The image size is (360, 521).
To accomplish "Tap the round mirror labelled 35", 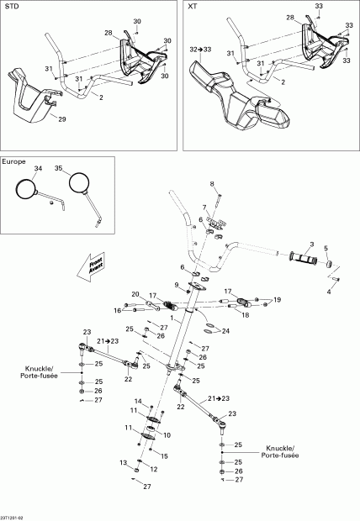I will click(x=80, y=182).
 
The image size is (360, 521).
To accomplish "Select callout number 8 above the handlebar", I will click(x=212, y=183).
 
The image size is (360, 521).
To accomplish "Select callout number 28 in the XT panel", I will click(x=289, y=17).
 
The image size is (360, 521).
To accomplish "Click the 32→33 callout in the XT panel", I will click(x=202, y=50).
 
